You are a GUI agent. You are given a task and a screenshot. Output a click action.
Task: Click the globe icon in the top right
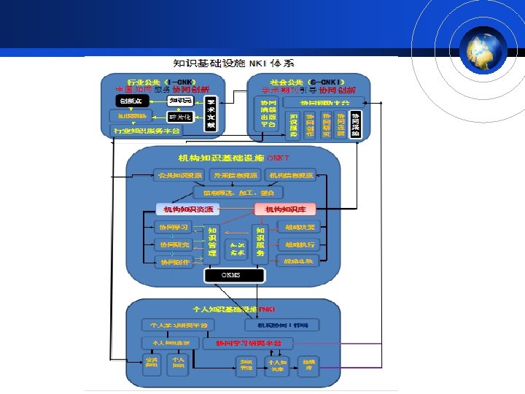(x=482, y=49)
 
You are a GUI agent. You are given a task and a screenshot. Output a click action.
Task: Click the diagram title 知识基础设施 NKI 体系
(x=231, y=63)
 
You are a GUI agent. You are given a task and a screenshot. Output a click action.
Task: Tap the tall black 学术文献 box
(x=211, y=114)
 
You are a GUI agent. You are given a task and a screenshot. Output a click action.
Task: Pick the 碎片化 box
(x=180, y=117)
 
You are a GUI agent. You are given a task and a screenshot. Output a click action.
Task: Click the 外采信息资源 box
(x=234, y=176)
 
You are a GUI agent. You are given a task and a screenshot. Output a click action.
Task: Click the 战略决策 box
(x=300, y=227)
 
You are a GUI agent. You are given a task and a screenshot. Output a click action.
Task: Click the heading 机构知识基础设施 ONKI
(x=233, y=158)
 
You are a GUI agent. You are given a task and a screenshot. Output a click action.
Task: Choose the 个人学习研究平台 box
(x=179, y=325)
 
